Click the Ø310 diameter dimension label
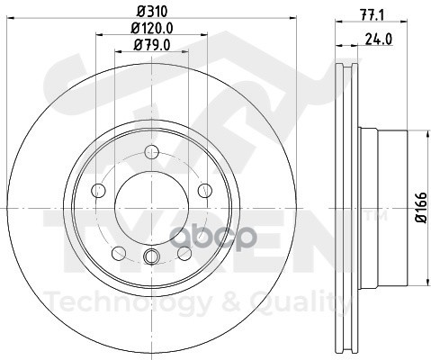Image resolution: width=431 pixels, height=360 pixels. point(152,12)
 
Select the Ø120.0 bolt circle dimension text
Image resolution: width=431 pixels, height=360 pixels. point(152,28)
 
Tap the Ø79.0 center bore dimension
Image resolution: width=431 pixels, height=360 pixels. point(152,45)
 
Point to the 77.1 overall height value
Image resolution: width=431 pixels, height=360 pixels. point(372,15)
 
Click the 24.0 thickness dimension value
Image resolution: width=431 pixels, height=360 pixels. point(379,39)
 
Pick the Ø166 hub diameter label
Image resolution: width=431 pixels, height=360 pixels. point(421,207)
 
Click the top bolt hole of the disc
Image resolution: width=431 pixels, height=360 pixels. point(151,152)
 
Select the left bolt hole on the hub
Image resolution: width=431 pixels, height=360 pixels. point(98,191)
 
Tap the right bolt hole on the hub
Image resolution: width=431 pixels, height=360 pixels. point(205,191)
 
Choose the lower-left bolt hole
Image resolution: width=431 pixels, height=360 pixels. point(119,253)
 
